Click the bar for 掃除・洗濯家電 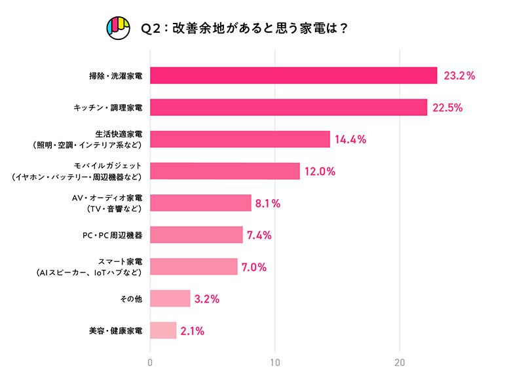point(293,75)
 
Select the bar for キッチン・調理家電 point(289,107)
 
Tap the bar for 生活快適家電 point(240,139)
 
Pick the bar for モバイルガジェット point(225,171)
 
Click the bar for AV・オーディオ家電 point(201,203)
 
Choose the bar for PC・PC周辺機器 point(196,234)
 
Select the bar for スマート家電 point(194,266)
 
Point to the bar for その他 point(170,299)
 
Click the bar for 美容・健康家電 point(164,330)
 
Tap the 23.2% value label point(459,75)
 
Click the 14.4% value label point(350,139)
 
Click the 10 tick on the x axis point(276,363)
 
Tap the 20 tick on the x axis point(400,363)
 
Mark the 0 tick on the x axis point(151,363)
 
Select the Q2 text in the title point(151,29)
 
